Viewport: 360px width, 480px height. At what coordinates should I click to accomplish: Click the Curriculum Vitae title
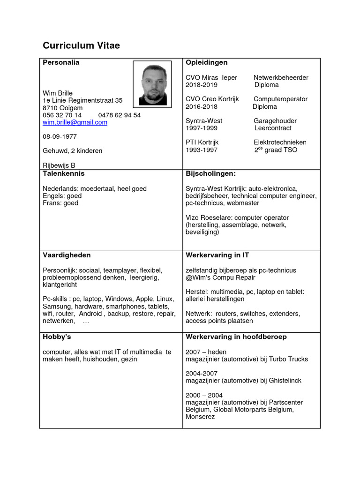coord(81,45)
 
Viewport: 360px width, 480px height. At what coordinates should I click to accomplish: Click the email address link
coord(75,122)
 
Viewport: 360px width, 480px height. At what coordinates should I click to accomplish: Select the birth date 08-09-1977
coord(60,136)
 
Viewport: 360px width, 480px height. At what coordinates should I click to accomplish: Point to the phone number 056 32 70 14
coord(62,115)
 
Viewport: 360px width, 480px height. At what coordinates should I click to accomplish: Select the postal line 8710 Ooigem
coord(62,108)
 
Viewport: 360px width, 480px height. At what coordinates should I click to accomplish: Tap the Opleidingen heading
coord(207,62)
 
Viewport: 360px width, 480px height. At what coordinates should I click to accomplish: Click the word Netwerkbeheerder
coord(281,77)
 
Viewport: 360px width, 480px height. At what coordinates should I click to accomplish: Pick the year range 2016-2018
coord(202,106)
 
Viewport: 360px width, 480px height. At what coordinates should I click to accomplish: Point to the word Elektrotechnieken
coord(280,142)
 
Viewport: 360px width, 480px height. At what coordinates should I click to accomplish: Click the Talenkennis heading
coord(64,173)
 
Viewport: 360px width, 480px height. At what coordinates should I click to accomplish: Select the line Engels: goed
coord(62,196)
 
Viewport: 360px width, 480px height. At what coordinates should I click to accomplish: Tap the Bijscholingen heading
coord(210,173)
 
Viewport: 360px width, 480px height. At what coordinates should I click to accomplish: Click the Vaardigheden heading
coord(67,255)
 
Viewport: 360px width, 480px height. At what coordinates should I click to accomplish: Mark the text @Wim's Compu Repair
coord(220,277)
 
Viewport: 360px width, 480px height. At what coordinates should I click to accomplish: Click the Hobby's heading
coord(57,337)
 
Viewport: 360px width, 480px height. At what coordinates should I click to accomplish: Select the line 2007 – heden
coord(206,352)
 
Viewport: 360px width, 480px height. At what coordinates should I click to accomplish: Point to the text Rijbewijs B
coord(59,165)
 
